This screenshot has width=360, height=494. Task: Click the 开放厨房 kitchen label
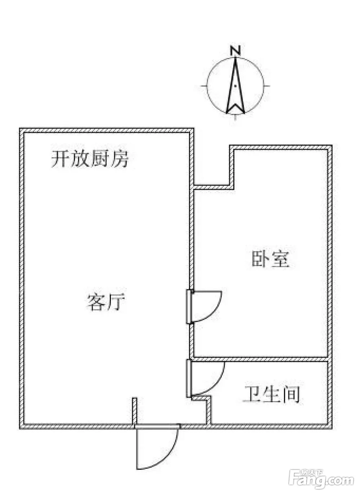(x=90, y=159)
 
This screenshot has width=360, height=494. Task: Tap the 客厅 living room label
(x=106, y=302)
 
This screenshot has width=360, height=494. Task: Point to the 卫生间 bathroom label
(x=271, y=394)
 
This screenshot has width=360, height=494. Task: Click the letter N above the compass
(x=235, y=50)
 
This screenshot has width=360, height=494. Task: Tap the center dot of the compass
(x=236, y=86)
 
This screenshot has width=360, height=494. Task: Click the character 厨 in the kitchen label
(x=99, y=159)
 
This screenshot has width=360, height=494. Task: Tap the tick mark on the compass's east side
(x=267, y=86)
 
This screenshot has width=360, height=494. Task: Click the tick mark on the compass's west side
(x=204, y=86)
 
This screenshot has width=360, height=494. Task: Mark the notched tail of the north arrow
(x=235, y=108)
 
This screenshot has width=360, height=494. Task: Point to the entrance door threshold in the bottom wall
(x=157, y=427)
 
